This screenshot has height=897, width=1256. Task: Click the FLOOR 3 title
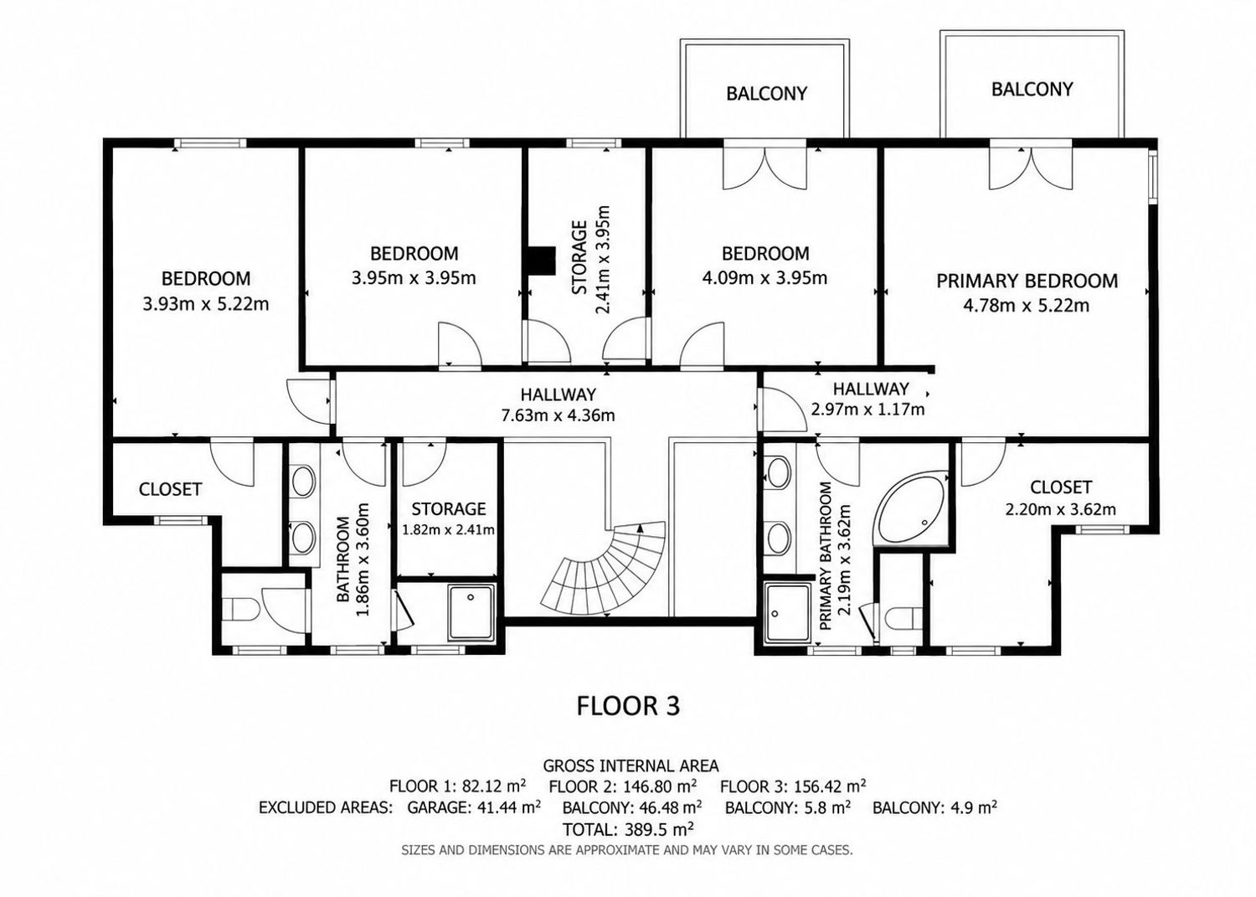click(628, 705)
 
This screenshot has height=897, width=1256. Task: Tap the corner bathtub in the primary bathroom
click(912, 507)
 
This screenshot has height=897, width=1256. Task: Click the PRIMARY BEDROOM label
click(1027, 281)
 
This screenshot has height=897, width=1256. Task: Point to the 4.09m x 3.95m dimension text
click(764, 278)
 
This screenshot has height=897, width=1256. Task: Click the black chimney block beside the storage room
click(540, 260)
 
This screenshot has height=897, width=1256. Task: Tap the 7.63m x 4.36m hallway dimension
click(558, 415)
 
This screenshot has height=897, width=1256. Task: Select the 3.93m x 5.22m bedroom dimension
click(206, 304)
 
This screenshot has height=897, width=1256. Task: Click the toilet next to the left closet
click(240, 608)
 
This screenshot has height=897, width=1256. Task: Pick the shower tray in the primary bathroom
click(788, 613)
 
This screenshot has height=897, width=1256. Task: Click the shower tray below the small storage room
click(471, 611)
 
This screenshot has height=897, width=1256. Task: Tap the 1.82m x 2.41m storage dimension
click(448, 529)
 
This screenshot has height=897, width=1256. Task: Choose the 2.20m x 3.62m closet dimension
click(1060, 509)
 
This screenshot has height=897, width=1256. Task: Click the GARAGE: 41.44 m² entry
click(474, 807)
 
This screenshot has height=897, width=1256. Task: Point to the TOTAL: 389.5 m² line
click(628, 828)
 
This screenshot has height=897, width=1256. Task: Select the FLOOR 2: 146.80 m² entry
click(623, 786)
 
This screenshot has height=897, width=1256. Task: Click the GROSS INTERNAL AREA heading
click(631, 766)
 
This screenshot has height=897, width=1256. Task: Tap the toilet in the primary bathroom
click(902, 619)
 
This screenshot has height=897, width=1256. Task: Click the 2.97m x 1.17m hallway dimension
click(868, 410)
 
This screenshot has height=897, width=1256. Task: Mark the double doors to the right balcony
click(1031, 168)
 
